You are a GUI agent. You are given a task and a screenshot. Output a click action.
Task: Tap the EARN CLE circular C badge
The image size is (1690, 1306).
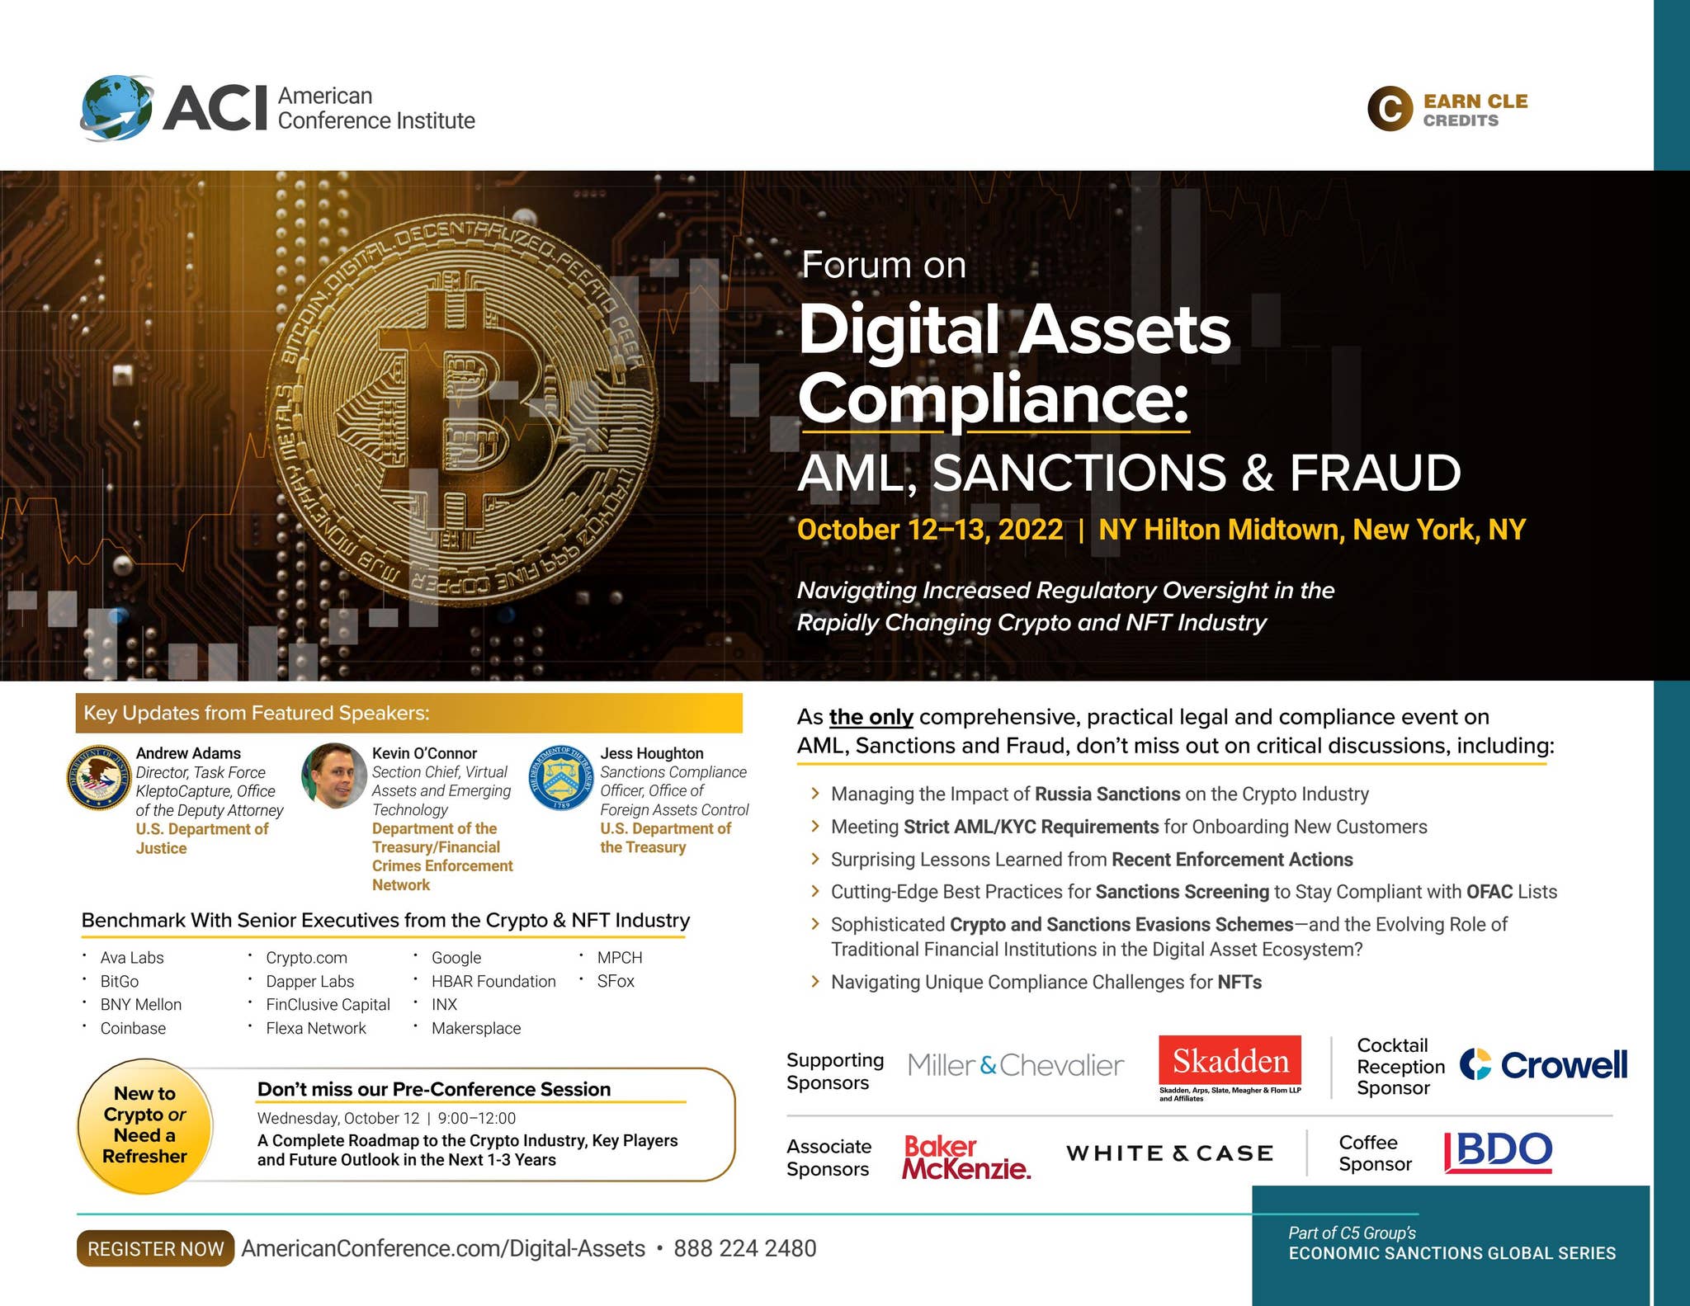click(x=1390, y=109)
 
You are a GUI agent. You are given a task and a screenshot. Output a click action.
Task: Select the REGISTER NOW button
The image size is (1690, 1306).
click(x=155, y=1248)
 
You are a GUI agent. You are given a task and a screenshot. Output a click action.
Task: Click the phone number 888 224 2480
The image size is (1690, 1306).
click(x=744, y=1248)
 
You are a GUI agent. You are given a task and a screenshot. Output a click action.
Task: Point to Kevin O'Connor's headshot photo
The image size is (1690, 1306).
click(x=334, y=776)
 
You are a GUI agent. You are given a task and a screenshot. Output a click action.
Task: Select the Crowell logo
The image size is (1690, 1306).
click(x=1543, y=1065)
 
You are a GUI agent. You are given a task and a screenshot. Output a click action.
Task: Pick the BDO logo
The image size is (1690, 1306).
click(x=1499, y=1151)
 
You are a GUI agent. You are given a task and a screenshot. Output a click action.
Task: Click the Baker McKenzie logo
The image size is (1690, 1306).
click(x=965, y=1157)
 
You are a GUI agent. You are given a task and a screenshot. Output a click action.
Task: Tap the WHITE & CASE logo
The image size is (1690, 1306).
click(x=1169, y=1153)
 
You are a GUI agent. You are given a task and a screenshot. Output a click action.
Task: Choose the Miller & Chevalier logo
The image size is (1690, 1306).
click(x=1015, y=1065)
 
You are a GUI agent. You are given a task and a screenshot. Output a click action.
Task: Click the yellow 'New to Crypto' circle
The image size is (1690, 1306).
click(x=145, y=1125)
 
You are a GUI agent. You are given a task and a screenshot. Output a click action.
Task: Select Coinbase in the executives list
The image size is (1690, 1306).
click(x=133, y=1028)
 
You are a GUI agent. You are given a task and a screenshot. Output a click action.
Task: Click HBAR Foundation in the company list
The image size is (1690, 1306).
click(x=493, y=981)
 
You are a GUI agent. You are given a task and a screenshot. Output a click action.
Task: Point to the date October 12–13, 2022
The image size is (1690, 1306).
click(x=930, y=530)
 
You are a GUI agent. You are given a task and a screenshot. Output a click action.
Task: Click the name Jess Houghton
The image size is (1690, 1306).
click(x=652, y=753)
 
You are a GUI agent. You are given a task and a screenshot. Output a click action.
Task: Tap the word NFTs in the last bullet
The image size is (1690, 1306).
click(x=1239, y=982)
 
